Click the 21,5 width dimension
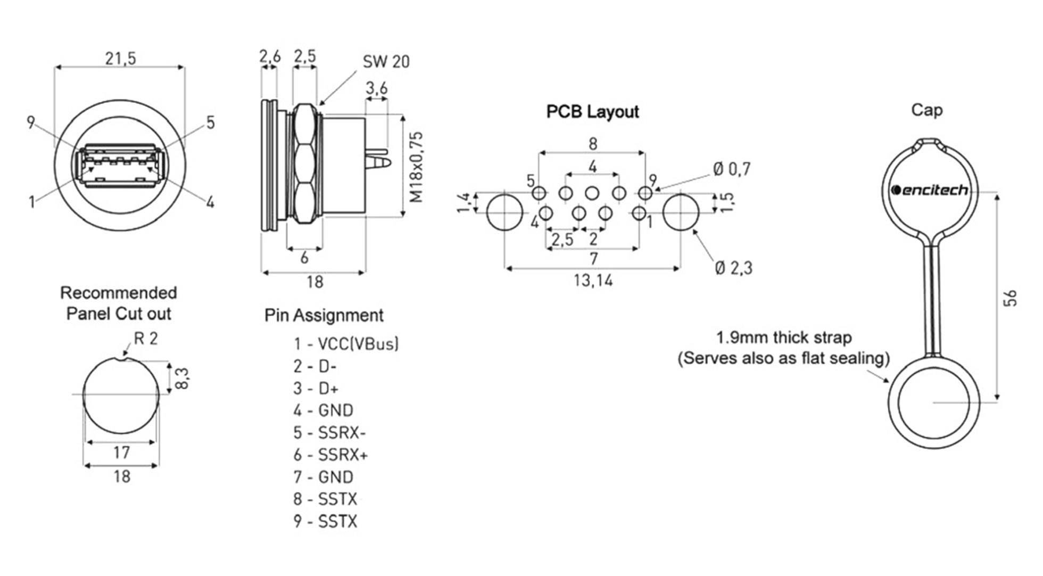point(120,58)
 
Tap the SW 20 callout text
point(386,62)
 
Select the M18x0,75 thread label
point(417,167)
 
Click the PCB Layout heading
point(592,112)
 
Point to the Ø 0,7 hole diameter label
point(731,169)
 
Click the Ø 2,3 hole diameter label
point(733,268)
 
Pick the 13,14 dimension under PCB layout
point(593,280)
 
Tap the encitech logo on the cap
point(929,190)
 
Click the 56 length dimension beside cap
point(1009,298)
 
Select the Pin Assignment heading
point(324,315)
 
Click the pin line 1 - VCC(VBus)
point(346,344)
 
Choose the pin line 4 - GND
point(323,410)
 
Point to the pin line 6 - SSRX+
point(330,455)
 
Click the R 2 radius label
point(145,339)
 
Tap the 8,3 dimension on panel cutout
point(181,378)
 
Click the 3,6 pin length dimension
point(376,88)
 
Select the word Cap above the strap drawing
point(926,110)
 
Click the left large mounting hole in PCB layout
point(504,212)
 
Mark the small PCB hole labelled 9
point(645,193)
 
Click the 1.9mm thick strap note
point(783,338)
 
